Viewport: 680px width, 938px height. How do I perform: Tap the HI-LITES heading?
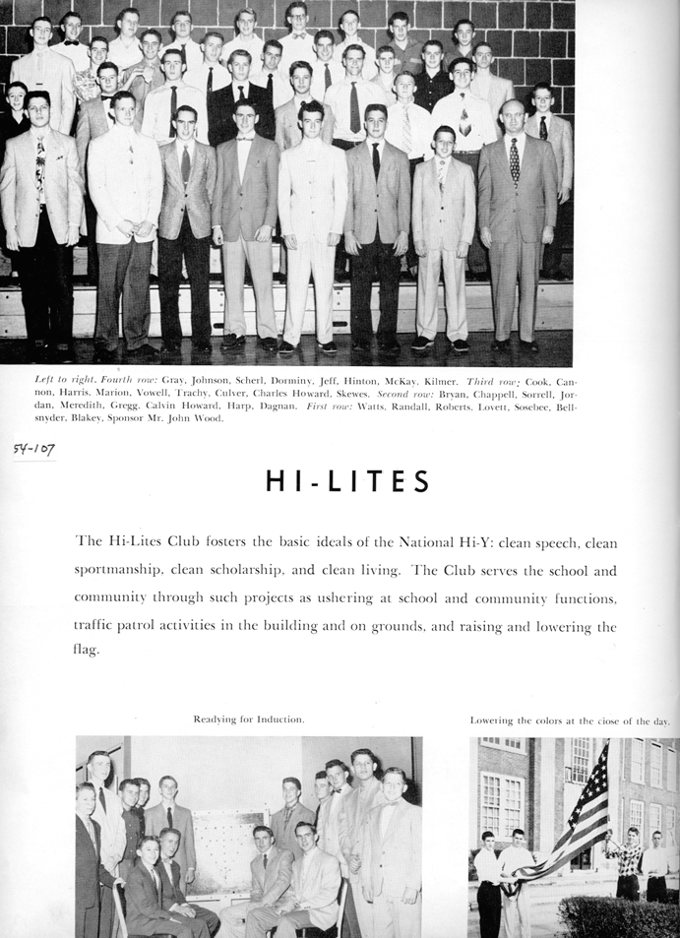(x=347, y=481)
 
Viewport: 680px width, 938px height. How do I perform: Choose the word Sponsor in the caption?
(x=156, y=418)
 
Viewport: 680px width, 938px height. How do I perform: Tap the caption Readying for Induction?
(x=249, y=719)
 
